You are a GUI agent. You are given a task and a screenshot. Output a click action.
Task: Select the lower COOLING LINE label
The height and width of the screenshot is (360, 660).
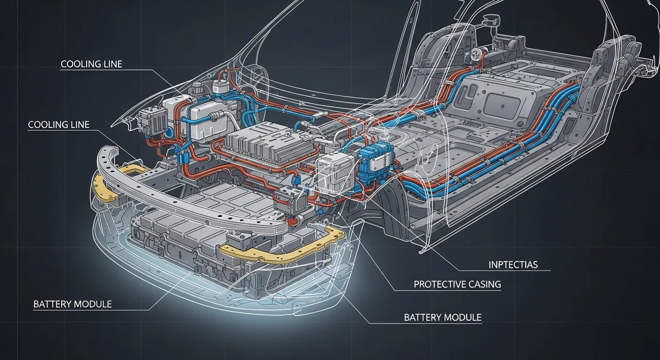tap(58, 125)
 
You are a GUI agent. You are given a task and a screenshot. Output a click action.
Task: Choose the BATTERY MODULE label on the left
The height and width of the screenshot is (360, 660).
tap(72, 304)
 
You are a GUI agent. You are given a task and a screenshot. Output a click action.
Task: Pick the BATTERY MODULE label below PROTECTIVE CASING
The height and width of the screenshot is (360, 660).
tap(442, 317)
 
